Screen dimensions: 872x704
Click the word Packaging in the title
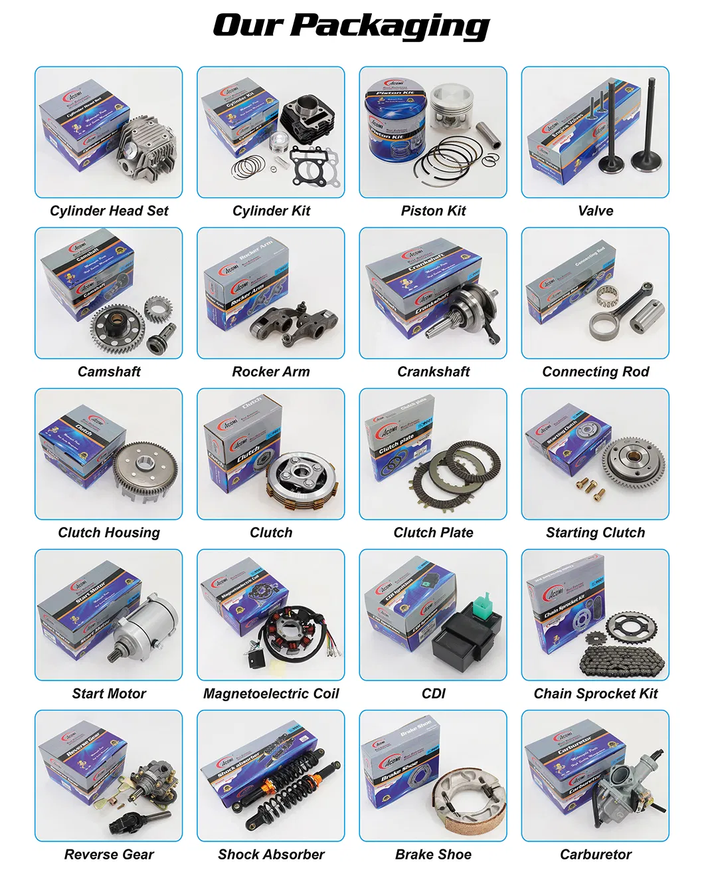click(x=391, y=27)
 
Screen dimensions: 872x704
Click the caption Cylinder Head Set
click(x=109, y=211)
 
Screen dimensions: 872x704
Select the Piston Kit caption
click(x=433, y=211)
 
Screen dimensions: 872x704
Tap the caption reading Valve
click(x=595, y=211)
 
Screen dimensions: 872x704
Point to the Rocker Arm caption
click(x=271, y=372)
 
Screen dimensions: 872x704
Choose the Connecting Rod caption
click(x=595, y=372)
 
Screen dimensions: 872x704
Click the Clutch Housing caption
click(x=109, y=532)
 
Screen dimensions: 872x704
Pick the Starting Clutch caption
click(x=595, y=532)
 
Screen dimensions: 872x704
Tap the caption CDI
click(x=433, y=693)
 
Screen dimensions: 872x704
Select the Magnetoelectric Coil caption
click(x=271, y=693)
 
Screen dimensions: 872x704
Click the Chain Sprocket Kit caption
click(x=595, y=693)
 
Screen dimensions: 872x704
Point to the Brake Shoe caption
click(x=433, y=854)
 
